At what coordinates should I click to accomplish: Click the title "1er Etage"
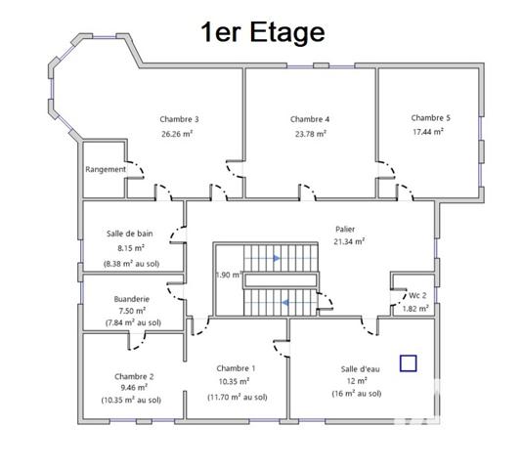pyautogui.click(x=262, y=32)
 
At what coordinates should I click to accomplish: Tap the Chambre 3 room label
pyautogui.click(x=180, y=119)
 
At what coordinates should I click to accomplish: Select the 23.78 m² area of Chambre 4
pyautogui.click(x=309, y=135)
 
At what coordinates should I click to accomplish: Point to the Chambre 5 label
pyautogui.click(x=430, y=116)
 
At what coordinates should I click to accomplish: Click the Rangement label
pyautogui.click(x=106, y=169)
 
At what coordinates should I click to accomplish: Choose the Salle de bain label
pyautogui.click(x=130, y=234)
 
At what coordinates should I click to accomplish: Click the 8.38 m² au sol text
pyautogui.click(x=132, y=264)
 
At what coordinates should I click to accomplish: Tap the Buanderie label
pyautogui.click(x=131, y=299)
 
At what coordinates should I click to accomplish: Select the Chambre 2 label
pyautogui.click(x=134, y=375)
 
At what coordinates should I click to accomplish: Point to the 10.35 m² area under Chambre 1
pyautogui.click(x=234, y=381)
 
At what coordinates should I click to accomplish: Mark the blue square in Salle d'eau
pyautogui.click(x=408, y=362)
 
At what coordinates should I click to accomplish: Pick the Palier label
pyautogui.click(x=348, y=229)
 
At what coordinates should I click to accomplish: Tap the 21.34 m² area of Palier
pyautogui.click(x=348, y=241)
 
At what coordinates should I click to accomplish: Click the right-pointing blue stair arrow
pyautogui.click(x=277, y=259)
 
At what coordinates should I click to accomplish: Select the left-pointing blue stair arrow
pyautogui.click(x=284, y=303)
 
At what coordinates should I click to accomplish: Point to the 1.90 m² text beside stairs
pyautogui.click(x=228, y=275)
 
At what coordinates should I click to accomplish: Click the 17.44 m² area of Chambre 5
pyautogui.click(x=430, y=131)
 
